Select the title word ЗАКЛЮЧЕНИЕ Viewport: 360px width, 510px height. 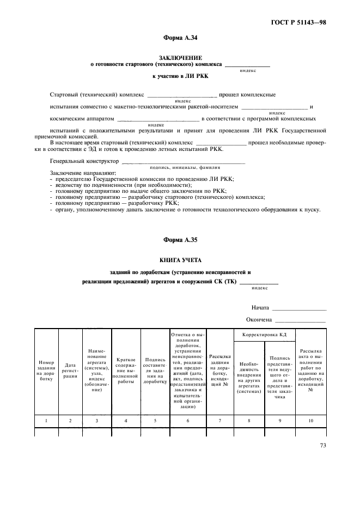coord(180,57)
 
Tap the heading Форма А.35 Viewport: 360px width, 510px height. coord(180,240)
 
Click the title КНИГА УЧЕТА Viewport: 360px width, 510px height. coord(180,260)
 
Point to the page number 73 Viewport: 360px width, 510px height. coord(323,446)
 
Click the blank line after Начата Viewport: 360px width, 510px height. coord(299,308)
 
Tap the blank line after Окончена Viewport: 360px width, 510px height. coord(301,320)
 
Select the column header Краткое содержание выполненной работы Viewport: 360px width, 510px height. coord(126,371)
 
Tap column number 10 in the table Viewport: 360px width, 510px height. coord(311,421)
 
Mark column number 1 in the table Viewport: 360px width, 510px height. coord(46,421)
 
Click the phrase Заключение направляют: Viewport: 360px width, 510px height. coord(78,173)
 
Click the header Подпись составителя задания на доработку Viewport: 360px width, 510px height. coord(155,371)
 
